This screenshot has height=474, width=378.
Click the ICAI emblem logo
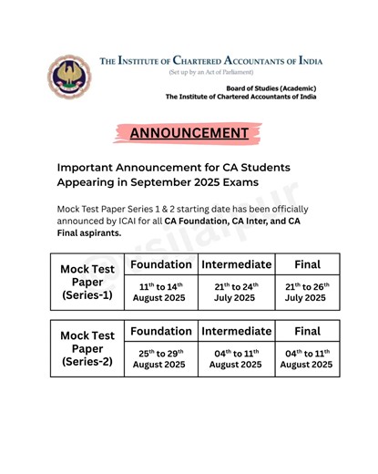pos(68,77)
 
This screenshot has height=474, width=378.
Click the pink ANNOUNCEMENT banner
pos(189,133)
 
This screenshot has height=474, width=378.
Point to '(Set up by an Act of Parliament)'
pos(210,72)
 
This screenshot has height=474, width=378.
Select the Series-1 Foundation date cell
pos(160,292)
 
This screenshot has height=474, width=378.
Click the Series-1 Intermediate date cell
pos(236,292)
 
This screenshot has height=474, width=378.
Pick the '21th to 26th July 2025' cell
pos(307,292)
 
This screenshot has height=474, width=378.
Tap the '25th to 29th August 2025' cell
pos(160,358)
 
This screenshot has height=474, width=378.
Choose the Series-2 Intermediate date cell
pos(236,358)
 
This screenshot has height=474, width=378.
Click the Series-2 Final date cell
pos(307,358)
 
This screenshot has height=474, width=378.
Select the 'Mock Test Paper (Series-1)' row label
pos(87,283)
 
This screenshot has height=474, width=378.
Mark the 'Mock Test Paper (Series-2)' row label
pos(87,349)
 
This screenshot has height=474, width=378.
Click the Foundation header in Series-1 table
pos(160,264)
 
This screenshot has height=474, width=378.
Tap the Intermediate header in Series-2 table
pos(236,331)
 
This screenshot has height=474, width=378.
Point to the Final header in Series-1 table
pos(307,264)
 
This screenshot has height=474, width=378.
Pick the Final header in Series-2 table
pos(307,331)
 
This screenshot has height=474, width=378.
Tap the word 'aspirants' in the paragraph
pos(97,232)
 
